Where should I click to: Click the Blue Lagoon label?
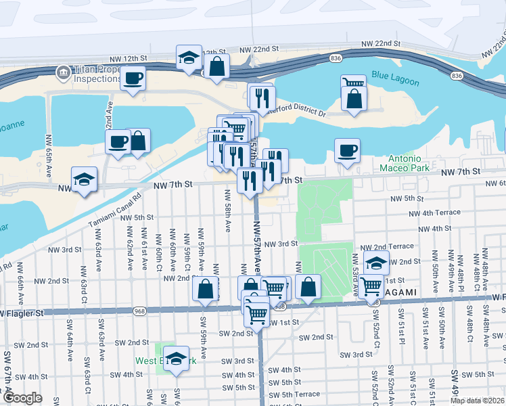coord(395,80)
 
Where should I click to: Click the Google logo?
coord(22,399)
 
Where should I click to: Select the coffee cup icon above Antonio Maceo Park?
coord(347,150)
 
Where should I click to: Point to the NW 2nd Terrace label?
coord(387,247)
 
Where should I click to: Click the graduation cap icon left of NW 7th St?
coord(84,179)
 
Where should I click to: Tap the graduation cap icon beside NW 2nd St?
coord(375,263)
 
